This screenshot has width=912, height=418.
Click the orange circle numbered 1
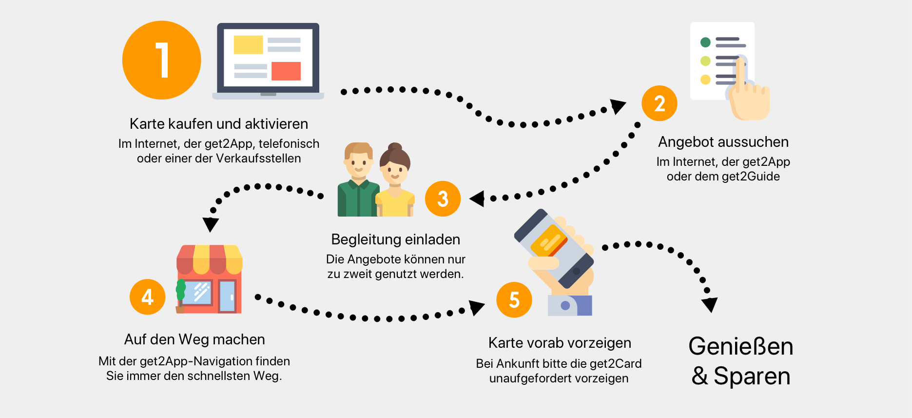161,60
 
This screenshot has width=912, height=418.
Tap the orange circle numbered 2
659,103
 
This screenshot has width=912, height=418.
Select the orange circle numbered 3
443,199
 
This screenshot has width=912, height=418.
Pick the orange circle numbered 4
147,297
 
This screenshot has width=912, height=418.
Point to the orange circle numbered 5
514,299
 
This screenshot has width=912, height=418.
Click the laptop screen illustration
268,58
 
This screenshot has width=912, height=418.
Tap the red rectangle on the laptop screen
286,71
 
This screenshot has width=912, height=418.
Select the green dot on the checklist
705,42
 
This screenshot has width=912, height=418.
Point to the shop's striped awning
209,259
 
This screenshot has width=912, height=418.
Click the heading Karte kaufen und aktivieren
219,124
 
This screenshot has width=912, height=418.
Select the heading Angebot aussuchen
723,142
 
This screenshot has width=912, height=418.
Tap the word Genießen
740,347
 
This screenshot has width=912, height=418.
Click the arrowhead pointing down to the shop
211,224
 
